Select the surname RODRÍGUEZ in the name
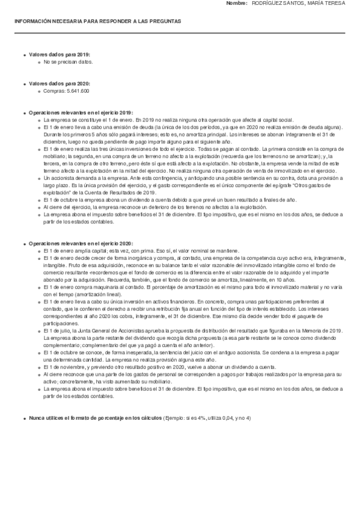pos(266,4)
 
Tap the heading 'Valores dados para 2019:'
pos(59,55)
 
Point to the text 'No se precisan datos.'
pos(68,61)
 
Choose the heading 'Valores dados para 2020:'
pos(59,84)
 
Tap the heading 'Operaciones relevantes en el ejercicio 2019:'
pos(81,112)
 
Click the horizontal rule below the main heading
pos(180,32)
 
